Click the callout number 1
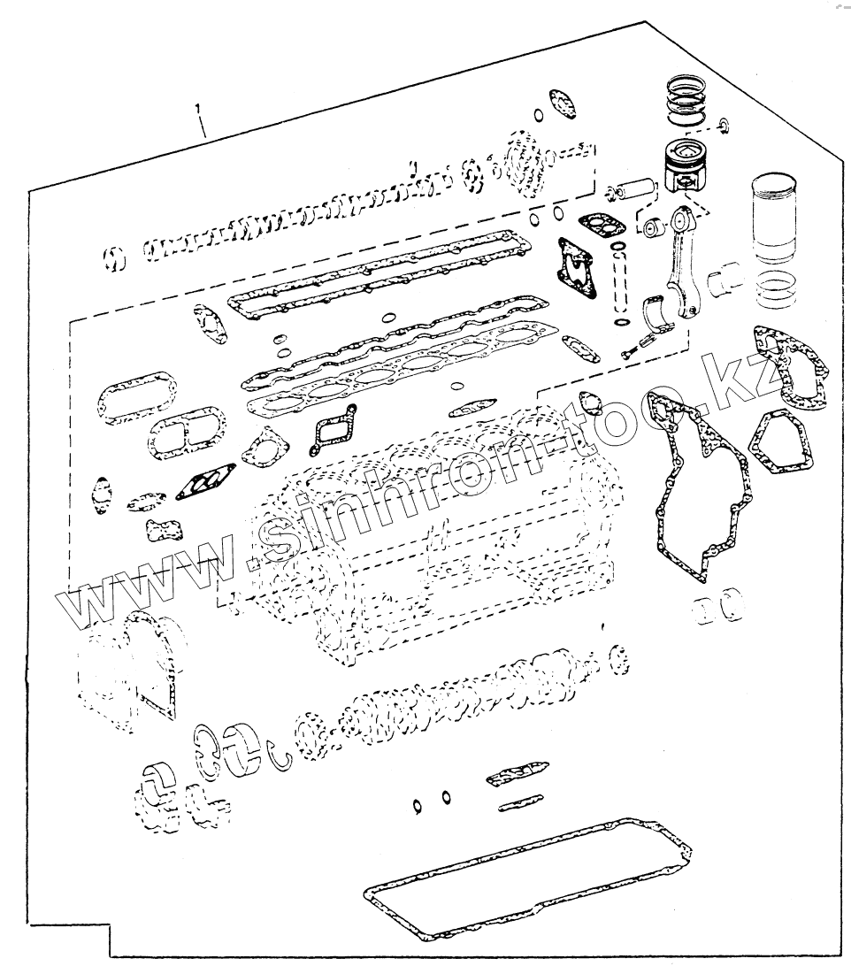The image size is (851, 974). click(199, 110)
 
